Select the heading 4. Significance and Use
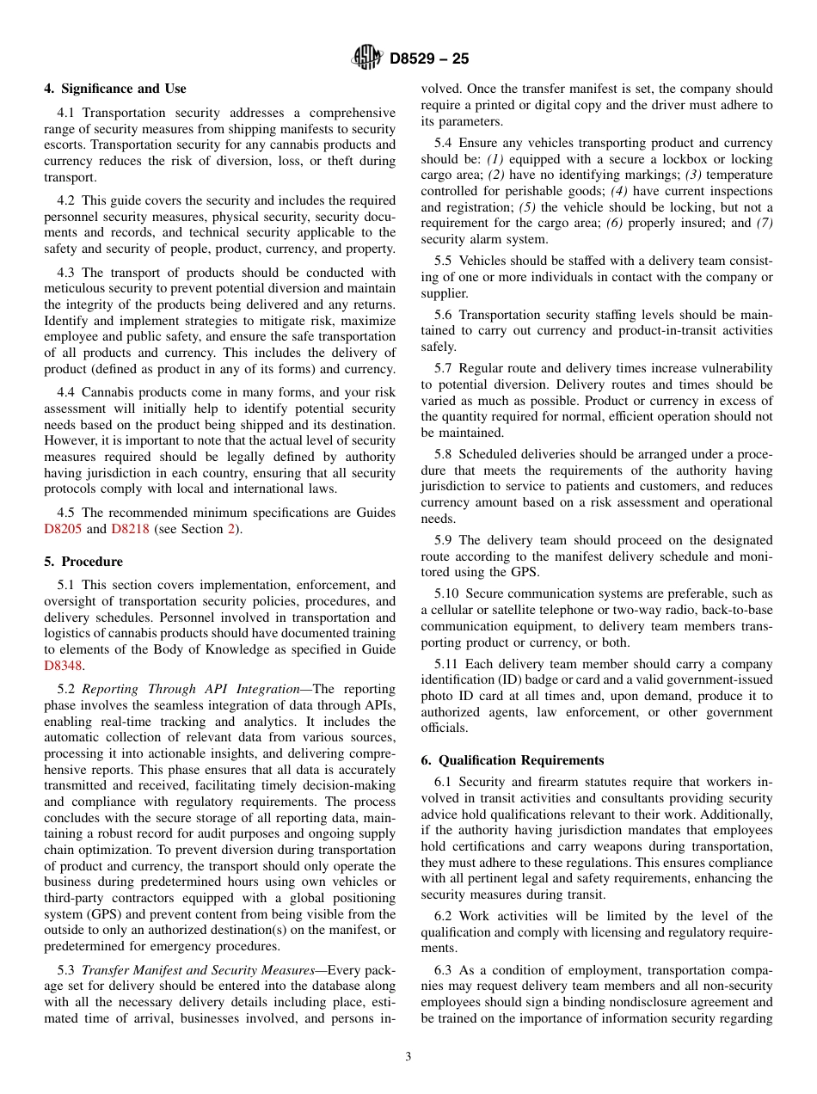pyautogui.click(x=114, y=89)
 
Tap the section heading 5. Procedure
pyautogui.click(x=83, y=562)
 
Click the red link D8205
pyautogui.click(x=63, y=529)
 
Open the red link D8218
pyautogui.click(x=131, y=529)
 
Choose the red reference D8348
pyautogui.click(x=63, y=666)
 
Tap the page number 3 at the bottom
pyautogui.click(x=408, y=1056)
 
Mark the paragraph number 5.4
pyautogui.click(x=443, y=143)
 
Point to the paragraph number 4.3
pyautogui.click(x=67, y=273)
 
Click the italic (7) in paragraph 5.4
pyautogui.click(x=764, y=224)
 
